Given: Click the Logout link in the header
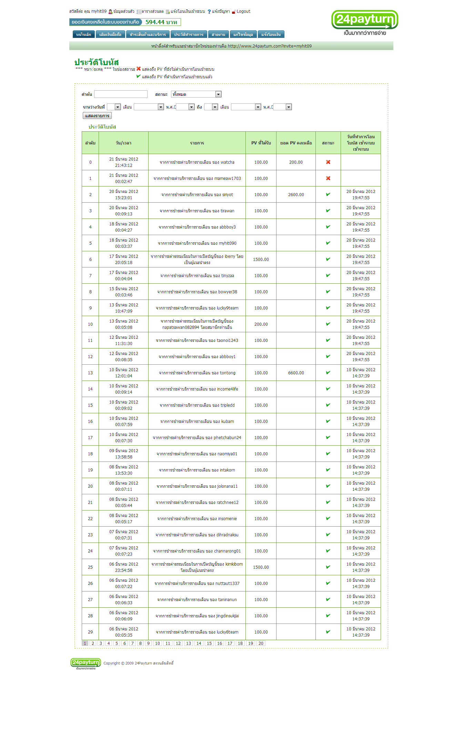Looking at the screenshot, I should [243, 11].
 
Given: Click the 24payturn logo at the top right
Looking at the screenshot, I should [364, 22].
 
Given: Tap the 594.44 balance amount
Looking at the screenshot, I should [161, 22].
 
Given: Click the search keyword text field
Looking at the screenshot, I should [121, 94].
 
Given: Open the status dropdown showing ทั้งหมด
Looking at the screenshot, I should [196, 94].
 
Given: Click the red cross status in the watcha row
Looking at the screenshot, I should [328, 162].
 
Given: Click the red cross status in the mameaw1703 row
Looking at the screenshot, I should [328, 178].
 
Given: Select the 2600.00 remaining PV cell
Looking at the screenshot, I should [296, 195].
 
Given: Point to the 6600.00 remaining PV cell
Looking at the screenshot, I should [296, 373].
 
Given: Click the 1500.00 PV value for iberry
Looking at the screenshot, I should [261, 260].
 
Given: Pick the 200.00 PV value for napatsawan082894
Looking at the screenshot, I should [261, 324].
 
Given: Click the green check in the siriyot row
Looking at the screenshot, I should [328, 194].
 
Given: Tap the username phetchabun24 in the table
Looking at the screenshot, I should [227, 438].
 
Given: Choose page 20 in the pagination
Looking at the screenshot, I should [261, 644].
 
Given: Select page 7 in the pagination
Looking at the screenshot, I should [132, 644].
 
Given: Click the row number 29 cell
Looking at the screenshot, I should [90, 632].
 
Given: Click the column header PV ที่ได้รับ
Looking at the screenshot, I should [261, 143].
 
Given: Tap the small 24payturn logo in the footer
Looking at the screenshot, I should [85, 663].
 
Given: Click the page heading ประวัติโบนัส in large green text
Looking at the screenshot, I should [97, 62].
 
